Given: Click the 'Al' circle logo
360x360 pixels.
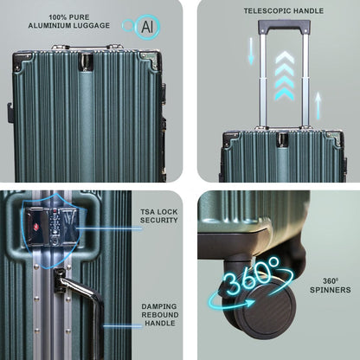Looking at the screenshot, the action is click(x=148, y=27).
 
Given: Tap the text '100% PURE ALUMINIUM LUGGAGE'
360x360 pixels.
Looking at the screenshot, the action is click(x=69, y=22).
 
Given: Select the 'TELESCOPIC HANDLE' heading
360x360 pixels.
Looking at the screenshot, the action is click(x=284, y=11).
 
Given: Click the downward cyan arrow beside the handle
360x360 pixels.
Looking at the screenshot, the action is click(x=251, y=51).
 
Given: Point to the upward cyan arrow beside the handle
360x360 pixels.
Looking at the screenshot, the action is click(x=318, y=106).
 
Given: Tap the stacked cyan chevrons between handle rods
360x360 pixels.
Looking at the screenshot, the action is click(x=285, y=76).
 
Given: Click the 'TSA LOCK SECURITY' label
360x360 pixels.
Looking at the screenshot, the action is click(x=159, y=215).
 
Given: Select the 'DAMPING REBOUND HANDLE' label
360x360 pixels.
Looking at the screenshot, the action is click(x=160, y=315).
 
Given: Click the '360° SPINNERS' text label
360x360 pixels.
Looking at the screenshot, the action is click(x=331, y=286).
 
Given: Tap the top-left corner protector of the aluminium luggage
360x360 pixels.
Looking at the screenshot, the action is click(x=22, y=61).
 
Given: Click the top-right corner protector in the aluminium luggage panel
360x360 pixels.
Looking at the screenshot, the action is click(x=150, y=61).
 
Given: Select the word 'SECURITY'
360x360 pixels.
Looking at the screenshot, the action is click(x=159, y=220).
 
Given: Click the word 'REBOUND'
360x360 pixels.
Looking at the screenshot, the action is click(x=160, y=315).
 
